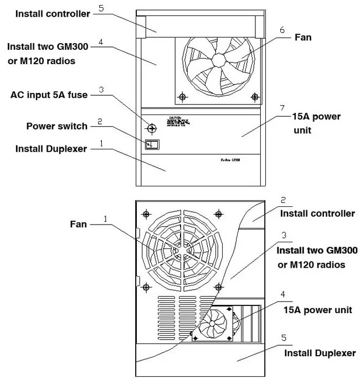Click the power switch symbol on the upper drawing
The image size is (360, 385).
coord(151,145)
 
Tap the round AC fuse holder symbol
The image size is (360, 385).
coord(151,128)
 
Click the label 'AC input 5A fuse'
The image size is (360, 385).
coord(49,95)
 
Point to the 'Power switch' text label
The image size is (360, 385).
coord(57,126)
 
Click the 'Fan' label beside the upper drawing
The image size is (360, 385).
coord(303,38)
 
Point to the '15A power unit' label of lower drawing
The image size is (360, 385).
coord(317,310)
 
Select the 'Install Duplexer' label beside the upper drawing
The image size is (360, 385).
coord(52,149)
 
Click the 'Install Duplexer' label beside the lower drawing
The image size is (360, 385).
coord(320,353)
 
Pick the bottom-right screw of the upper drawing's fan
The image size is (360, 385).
coord(254,97)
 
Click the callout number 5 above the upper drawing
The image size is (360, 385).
coord(100,8)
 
